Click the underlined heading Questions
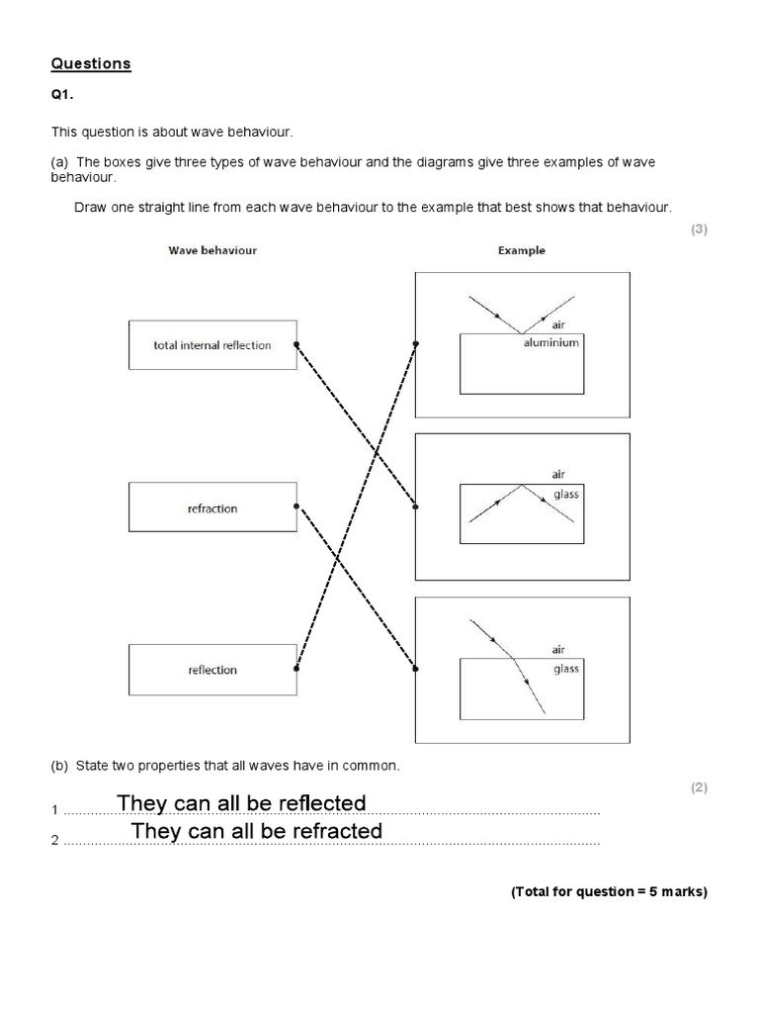tap(91, 64)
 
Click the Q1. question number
tap(62, 98)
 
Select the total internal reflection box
tap(212, 345)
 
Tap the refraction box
tap(212, 507)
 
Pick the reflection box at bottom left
tap(212, 670)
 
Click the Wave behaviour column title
tap(212, 250)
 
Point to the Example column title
tap(521, 250)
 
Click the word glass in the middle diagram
tap(566, 494)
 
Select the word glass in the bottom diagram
tap(566, 669)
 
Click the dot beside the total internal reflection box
tap(296, 345)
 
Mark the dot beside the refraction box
tap(296, 506)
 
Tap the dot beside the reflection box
tap(296, 669)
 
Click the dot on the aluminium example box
tap(416, 344)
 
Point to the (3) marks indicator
tap(699, 230)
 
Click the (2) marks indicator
tap(699, 787)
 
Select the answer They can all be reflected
tap(241, 802)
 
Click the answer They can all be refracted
tap(257, 831)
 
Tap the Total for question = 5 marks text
tap(609, 891)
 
